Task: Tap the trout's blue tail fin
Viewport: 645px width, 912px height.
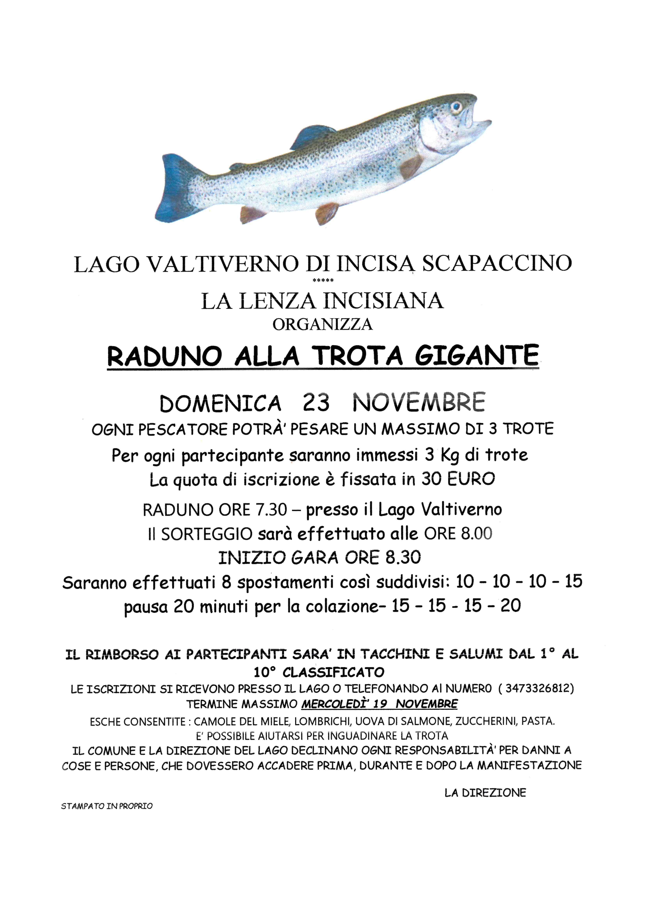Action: [x=175, y=190]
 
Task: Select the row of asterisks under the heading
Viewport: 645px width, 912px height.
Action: [x=323, y=280]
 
